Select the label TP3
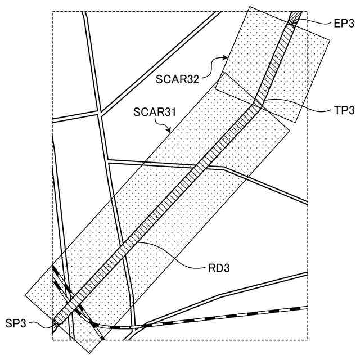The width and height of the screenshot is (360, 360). tap(341, 110)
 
